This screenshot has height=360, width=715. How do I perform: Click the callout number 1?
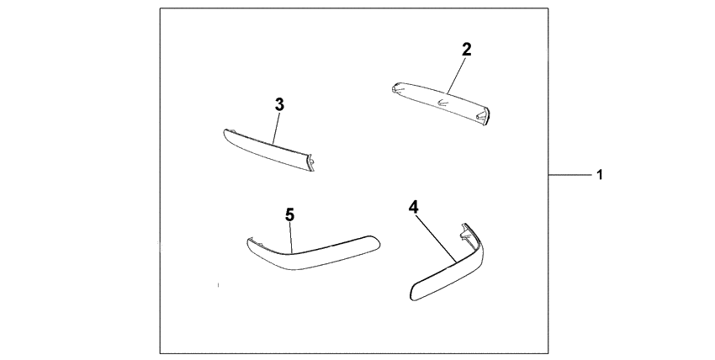(x=600, y=174)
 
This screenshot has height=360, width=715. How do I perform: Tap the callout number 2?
(x=466, y=50)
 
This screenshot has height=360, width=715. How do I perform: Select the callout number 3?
(x=279, y=105)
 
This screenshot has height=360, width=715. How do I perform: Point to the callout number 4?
(x=413, y=208)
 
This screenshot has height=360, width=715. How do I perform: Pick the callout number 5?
(x=290, y=215)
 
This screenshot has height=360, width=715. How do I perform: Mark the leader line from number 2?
(x=457, y=75)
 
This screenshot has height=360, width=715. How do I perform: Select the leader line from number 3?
(x=277, y=129)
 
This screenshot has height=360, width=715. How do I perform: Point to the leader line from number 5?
(x=291, y=237)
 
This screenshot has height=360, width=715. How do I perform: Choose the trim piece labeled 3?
(x=269, y=150)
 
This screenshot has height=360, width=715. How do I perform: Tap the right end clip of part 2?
(x=483, y=116)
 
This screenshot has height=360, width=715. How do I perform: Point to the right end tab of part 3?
(x=311, y=162)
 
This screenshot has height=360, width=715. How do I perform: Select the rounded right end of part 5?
(x=374, y=242)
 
